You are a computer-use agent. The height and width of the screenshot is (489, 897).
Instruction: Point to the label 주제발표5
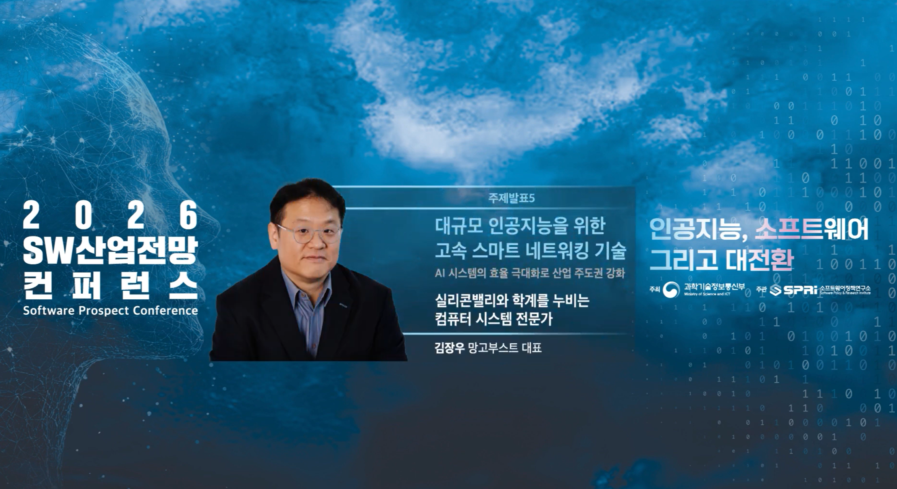pyautogui.click(x=511, y=198)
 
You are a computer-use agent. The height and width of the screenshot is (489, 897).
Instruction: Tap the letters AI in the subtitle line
pyautogui.click(x=440, y=273)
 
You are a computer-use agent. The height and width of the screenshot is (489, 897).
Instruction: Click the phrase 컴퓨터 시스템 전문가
pyautogui.click(x=494, y=318)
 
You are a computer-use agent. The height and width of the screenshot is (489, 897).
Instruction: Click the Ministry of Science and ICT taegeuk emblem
pyautogui.click(x=671, y=289)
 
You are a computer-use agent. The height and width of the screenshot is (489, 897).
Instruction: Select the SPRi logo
pyautogui.click(x=793, y=289)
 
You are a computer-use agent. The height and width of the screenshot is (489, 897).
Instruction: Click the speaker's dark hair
pyautogui.click(x=306, y=195)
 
